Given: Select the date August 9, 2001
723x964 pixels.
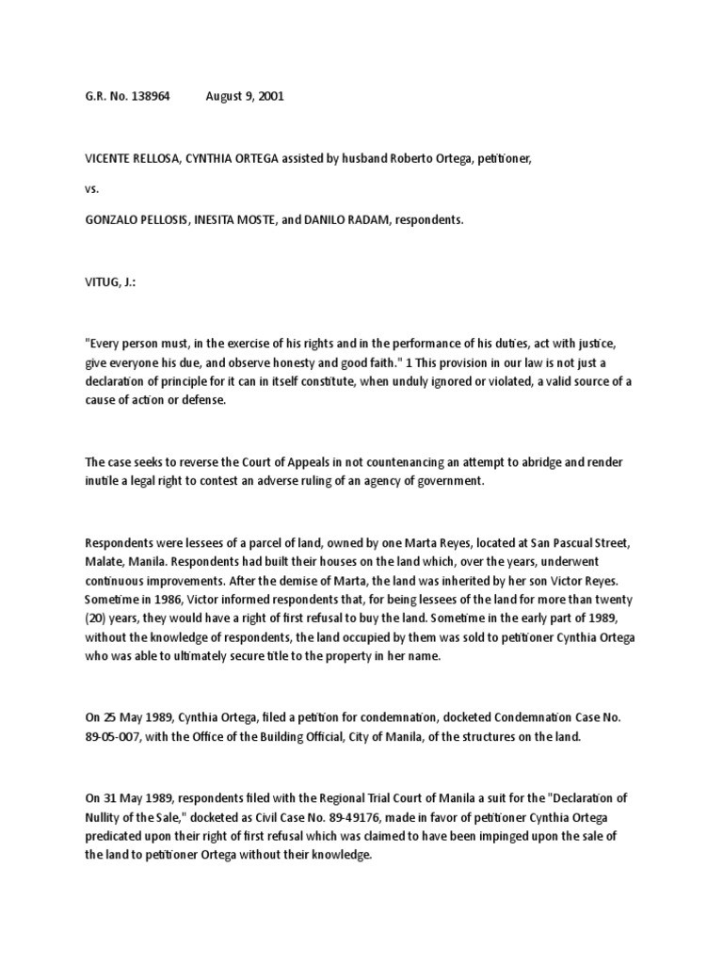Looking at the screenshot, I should point(244,98).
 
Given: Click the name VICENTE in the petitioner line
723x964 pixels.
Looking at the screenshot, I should point(110,160).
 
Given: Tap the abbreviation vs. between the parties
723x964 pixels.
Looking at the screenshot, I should point(91,189).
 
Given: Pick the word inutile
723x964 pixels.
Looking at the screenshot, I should point(103,481).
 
